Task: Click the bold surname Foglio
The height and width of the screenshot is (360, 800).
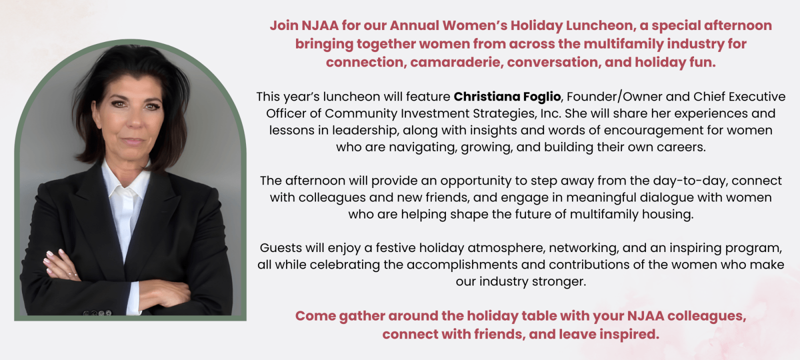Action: (542, 97)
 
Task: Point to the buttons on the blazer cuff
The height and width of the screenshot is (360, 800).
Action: (97, 313)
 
